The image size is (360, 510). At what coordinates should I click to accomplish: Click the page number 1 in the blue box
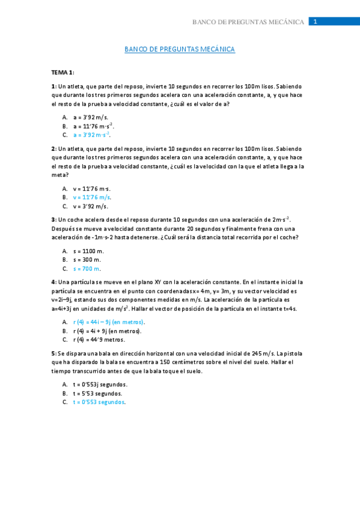click(x=315, y=22)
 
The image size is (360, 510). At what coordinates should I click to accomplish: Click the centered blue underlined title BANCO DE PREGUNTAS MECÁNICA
click(x=180, y=49)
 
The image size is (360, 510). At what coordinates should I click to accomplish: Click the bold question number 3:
click(x=54, y=220)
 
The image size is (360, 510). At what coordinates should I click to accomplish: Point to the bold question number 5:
click(x=54, y=353)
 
